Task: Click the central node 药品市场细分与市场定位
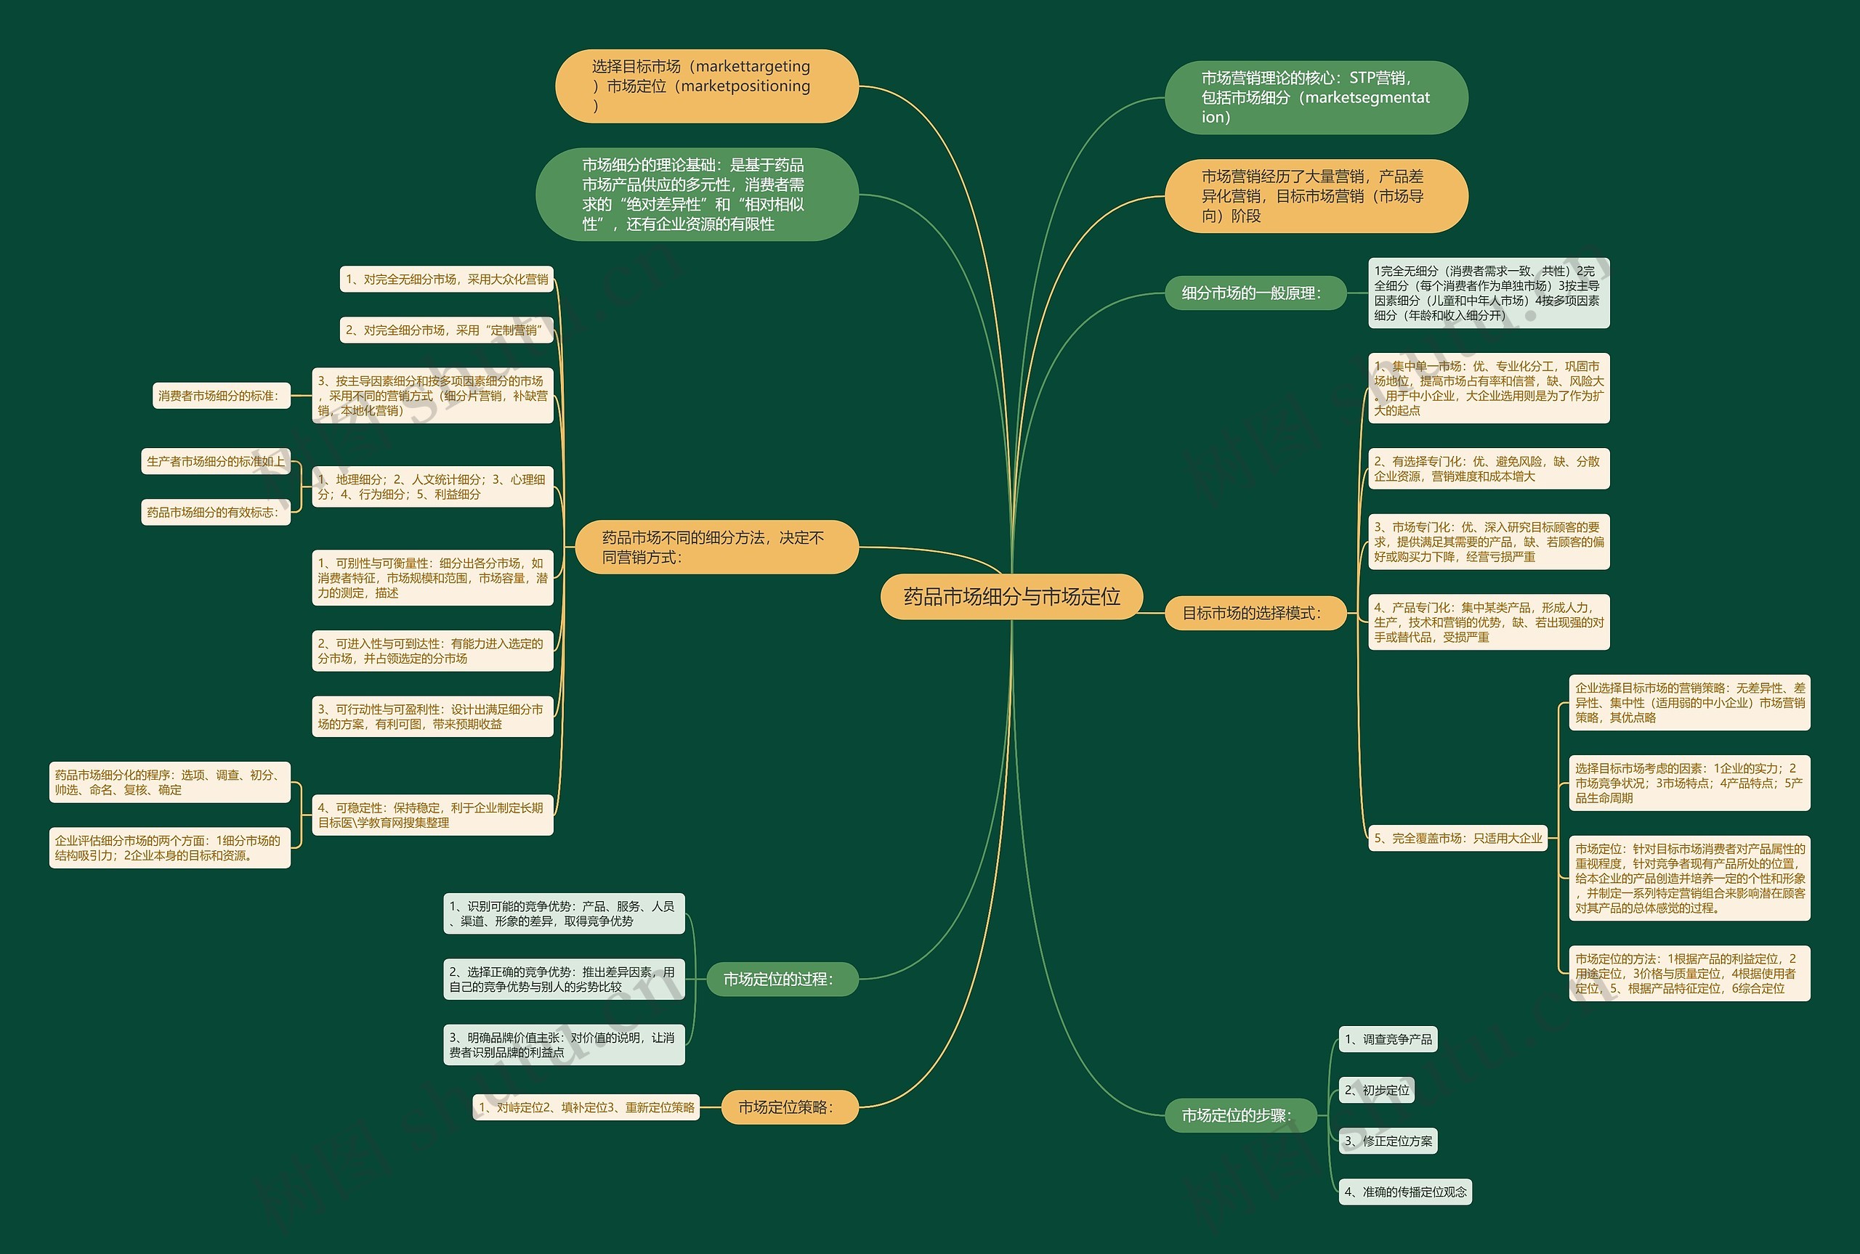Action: click(x=1011, y=597)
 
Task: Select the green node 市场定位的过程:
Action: click(x=782, y=979)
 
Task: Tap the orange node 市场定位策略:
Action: click(x=789, y=1107)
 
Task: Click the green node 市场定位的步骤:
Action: click(x=1241, y=1115)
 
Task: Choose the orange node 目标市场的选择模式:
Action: click(x=1255, y=613)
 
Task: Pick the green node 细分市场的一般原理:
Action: click(x=1255, y=293)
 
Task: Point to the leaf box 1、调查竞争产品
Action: click(x=1388, y=1039)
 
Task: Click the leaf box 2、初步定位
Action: click(x=1377, y=1090)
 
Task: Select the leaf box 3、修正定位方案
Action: click(x=1388, y=1141)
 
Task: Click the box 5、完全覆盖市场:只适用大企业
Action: click(x=1457, y=838)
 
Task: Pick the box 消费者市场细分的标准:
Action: click(x=222, y=395)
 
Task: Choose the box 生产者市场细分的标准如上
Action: click(x=216, y=462)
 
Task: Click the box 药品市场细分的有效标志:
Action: click(x=216, y=512)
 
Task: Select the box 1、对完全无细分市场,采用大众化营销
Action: click(x=446, y=279)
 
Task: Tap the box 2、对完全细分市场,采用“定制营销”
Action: click(x=446, y=330)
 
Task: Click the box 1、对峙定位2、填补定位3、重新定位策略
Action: click(x=586, y=1107)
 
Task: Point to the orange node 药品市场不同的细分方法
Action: click(x=717, y=547)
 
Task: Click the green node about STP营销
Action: click(x=1316, y=97)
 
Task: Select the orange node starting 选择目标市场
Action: click(x=706, y=86)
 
